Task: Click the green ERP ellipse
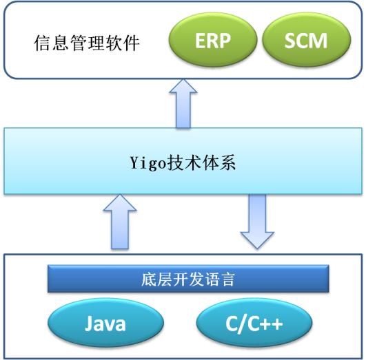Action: coord(213,40)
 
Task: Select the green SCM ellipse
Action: coord(307,40)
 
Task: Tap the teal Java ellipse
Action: coord(105,323)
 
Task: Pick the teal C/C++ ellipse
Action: coord(254,323)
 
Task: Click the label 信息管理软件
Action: coord(87,43)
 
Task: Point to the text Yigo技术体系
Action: coord(183,162)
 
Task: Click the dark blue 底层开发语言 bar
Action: coord(188,279)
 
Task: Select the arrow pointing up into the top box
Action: coord(183,103)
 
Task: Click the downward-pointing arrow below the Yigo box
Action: coord(257,221)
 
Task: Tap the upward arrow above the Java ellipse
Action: coord(120,222)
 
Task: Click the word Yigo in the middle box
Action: coord(148,163)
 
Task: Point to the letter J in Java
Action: coord(88,323)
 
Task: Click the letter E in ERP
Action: coord(200,41)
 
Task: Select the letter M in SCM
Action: coord(318,41)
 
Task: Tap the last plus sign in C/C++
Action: coord(276,324)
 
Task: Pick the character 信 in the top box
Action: coord(42,43)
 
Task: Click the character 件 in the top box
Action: coord(132,43)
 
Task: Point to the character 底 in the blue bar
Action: coord(149,279)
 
